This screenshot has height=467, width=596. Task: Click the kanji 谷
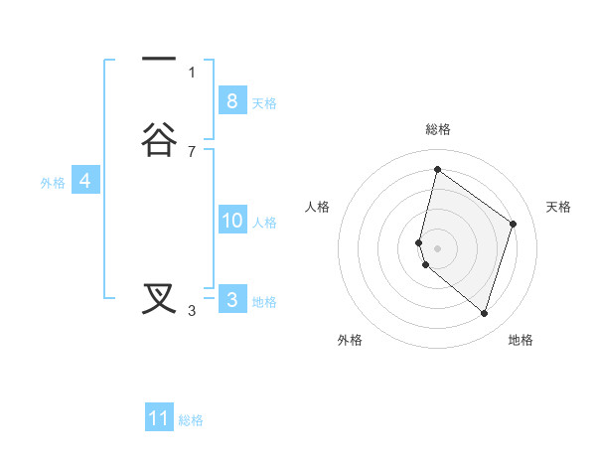(x=159, y=140)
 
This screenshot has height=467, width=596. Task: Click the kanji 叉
(x=159, y=298)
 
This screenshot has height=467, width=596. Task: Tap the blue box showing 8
(x=231, y=101)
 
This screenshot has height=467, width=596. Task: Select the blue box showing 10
(x=232, y=221)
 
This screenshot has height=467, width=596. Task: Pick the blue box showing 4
(x=85, y=181)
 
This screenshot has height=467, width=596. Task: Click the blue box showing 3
(x=231, y=300)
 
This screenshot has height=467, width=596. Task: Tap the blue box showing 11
(x=159, y=418)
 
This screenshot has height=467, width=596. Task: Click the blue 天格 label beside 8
(x=264, y=103)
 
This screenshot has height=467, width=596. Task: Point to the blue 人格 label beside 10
(x=265, y=223)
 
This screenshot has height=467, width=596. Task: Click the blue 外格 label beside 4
(x=53, y=183)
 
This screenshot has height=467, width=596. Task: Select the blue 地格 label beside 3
(x=264, y=302)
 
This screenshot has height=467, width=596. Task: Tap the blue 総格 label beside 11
(x=191, y=420)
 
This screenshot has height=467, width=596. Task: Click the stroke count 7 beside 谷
(x=192, y=152)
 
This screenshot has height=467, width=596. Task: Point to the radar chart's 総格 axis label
(x=437, y=129)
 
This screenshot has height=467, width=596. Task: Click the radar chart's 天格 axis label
(x=559, y=207)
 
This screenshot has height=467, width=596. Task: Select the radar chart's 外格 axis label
(x=350, y=340)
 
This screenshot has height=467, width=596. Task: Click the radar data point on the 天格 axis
(x=513, y=224)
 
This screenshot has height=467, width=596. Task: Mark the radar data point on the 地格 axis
(x=484, y=313)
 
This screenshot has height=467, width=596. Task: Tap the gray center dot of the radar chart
(x=437, y=247)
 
